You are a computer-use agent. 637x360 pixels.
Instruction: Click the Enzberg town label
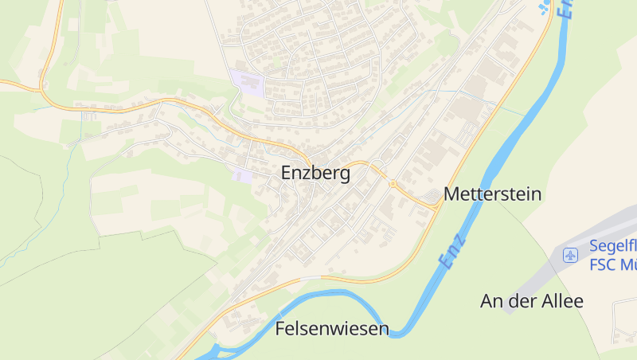(315, 174)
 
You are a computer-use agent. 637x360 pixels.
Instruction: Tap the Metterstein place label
(492, 194)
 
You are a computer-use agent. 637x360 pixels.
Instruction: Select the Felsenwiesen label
(332, 328)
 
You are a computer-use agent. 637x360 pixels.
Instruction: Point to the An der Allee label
(532, 301)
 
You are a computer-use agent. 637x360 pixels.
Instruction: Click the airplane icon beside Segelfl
(570, 255)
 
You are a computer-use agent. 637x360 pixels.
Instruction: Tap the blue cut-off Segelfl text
(612, 246)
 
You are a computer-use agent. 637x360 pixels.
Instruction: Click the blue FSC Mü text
(612, 264)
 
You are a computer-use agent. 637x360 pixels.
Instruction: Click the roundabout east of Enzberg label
(392, 184)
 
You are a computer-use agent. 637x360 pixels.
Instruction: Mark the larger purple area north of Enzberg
(246, 83)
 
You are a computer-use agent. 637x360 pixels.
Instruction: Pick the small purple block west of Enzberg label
(241, 175)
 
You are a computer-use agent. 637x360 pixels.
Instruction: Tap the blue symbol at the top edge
(545, 7)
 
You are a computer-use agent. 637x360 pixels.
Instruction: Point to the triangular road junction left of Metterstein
(436, 206)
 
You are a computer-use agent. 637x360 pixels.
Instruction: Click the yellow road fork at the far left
(40, 86)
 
